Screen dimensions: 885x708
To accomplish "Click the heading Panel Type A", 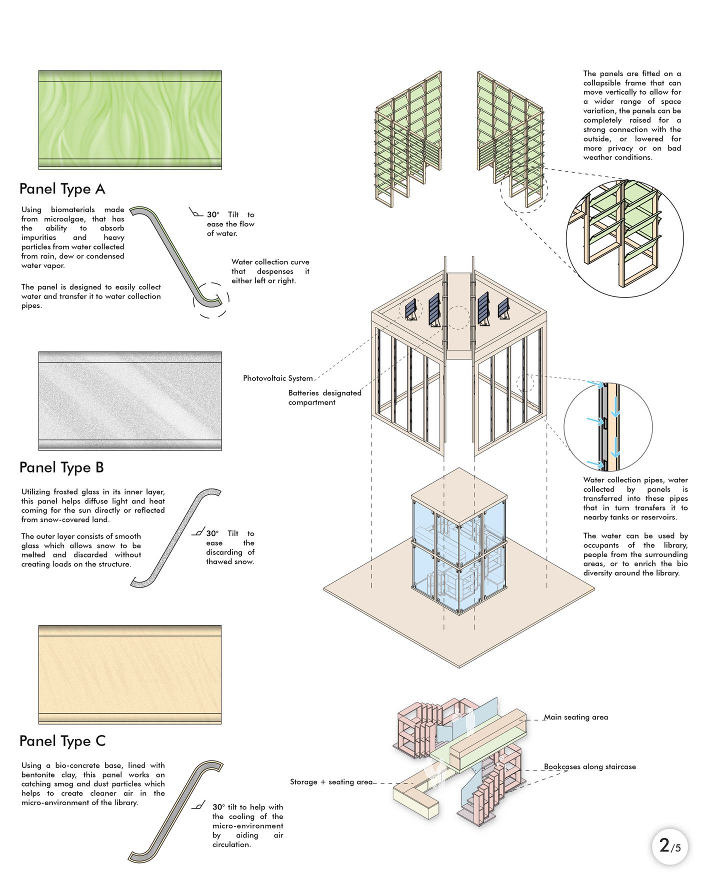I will click(62, 189).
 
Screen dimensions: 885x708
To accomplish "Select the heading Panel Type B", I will click(61, 467).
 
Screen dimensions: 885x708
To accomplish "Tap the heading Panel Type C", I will click(62, 741).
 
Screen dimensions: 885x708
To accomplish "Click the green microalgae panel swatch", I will click(130, 119).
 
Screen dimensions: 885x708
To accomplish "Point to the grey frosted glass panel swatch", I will click(130, 400).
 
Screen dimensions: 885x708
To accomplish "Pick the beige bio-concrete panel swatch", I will click(130, 674).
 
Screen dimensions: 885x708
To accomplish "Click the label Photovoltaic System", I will click(277, 378).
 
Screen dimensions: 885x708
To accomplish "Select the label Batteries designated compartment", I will click(324, 397).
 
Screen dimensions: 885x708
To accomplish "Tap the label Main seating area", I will click(575, 717).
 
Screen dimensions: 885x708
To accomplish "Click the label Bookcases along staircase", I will click(589, 766).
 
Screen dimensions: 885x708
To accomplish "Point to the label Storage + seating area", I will click(331, 782).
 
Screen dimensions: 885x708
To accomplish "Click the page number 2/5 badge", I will click(669, 846).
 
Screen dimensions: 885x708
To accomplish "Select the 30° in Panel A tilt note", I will click(213, 215).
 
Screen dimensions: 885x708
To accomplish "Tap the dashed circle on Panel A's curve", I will click(211, 299).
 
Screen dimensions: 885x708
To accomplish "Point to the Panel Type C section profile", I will click(175, 812).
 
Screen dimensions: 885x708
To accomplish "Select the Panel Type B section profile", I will click(175, 537).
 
